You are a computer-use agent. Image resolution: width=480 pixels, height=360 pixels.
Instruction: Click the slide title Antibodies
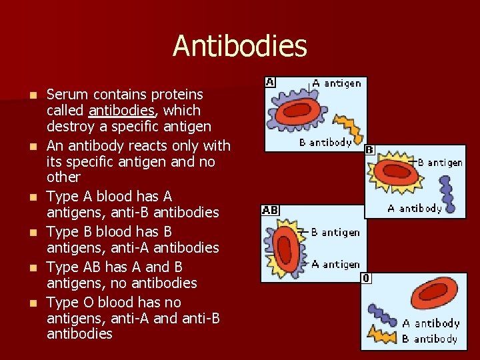tap(240, 46)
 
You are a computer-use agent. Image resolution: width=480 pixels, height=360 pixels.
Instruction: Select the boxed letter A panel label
tap(270, 82)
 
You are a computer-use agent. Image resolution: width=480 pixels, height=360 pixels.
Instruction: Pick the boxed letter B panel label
tap(369, 150)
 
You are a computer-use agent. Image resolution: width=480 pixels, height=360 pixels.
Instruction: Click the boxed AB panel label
tap(270, 210)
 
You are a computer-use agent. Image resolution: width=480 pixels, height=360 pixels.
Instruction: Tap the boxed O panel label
tap(366, 278)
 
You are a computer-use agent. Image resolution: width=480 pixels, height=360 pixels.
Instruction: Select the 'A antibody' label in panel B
tap(415, 208)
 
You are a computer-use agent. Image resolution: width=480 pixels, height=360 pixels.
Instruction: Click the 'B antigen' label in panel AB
tap(335, 232)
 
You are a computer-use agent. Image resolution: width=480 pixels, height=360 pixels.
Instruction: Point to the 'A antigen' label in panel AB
tap(335, 264)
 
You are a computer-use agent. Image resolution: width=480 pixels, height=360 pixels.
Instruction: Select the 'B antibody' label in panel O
tap(429, 339)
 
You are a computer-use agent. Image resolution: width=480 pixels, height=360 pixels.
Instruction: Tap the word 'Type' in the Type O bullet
tap(63, 302)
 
